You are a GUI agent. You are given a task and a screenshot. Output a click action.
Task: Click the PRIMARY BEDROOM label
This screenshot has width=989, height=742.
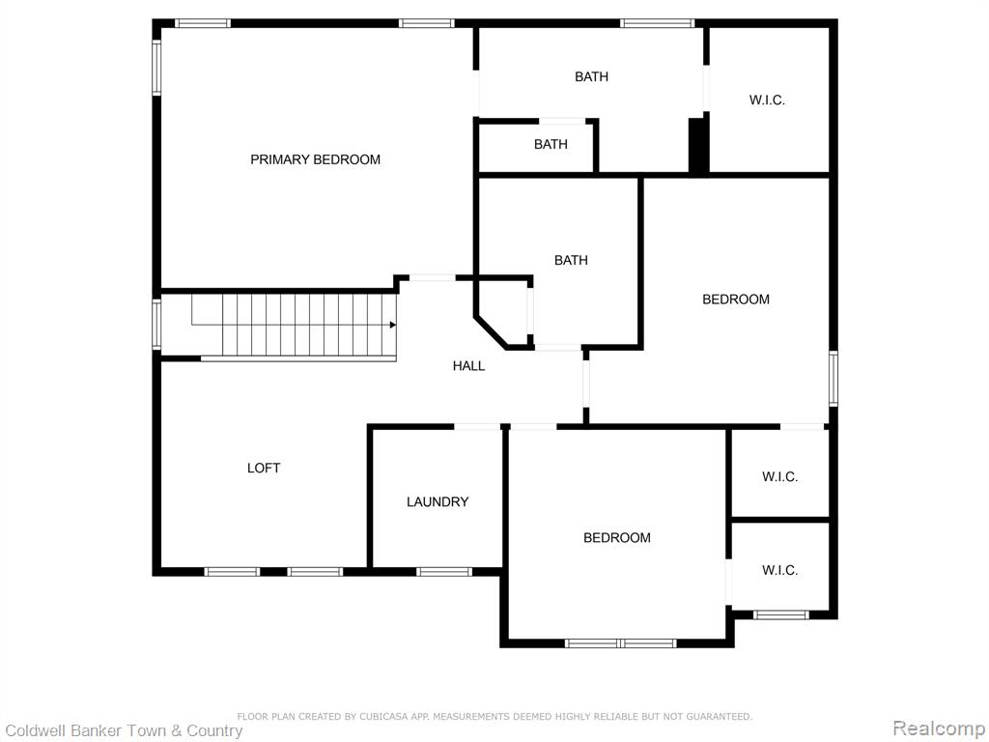click(316, 159)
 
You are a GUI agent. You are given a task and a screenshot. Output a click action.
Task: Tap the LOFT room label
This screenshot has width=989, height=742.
click(264, 469)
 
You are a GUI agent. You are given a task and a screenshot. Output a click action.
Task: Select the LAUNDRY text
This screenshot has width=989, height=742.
click(438, 502)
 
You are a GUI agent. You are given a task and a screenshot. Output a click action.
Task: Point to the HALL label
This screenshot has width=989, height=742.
click(468, 366)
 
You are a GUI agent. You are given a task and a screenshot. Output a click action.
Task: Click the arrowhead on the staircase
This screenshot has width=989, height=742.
click(392, 325)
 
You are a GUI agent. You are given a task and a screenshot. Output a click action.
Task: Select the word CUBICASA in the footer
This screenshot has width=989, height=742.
click(382, 717)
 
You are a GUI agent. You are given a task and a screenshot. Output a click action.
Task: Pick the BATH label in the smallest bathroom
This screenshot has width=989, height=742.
click(551, 145)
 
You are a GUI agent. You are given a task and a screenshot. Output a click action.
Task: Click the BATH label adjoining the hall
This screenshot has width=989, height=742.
click(571, 260)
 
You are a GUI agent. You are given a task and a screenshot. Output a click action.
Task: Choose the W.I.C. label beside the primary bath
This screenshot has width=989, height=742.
click(767, 100)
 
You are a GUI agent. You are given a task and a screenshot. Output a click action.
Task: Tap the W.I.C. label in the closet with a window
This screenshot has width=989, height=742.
click(780, 570)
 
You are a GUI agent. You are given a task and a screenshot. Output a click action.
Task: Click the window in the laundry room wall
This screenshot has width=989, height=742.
click(444, 572)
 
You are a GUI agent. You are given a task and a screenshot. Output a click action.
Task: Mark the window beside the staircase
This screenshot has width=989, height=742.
click(157, 325)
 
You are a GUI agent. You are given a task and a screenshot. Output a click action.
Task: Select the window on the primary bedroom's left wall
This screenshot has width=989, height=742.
click(157, 69)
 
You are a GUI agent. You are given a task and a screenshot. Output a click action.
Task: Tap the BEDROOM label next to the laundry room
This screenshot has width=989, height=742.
click(617, 538)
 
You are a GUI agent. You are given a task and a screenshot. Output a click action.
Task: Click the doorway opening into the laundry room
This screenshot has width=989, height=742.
click(477, 427)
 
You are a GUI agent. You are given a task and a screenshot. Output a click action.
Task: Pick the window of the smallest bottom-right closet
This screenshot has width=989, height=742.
click(780, 614)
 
